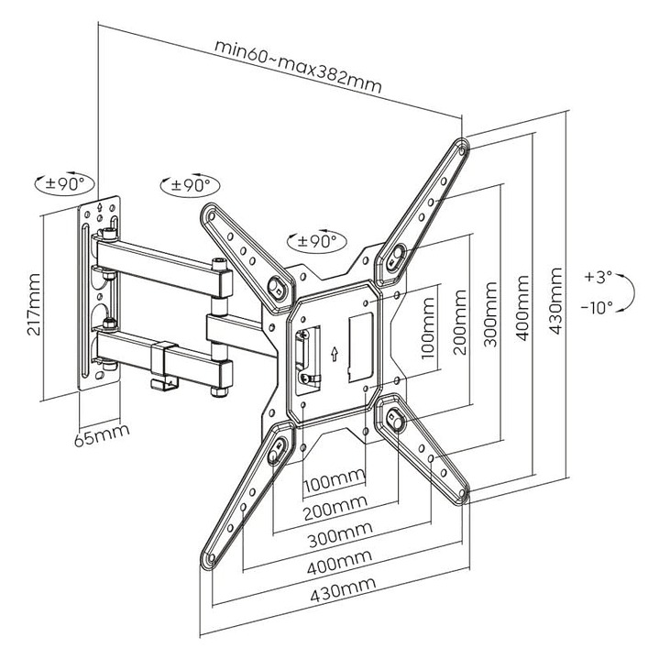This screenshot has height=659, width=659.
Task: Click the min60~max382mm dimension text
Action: click(297, 64)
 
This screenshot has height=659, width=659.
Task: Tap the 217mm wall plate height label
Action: click(35, 305)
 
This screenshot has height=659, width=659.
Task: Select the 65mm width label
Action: click(101, 431)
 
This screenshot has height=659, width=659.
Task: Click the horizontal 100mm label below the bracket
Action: click(334, 480)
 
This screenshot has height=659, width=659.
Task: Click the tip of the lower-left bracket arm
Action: click(209, 558)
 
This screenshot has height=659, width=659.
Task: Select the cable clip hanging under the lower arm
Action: click(164, 367)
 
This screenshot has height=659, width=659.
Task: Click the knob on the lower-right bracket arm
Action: click(395, 421)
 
